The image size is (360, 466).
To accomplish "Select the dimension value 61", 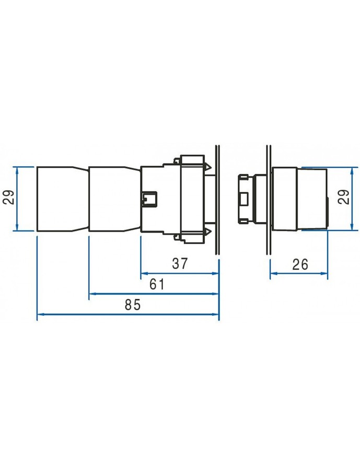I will tap(157, 285).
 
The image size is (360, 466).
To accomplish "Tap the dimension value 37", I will tap(180, 264).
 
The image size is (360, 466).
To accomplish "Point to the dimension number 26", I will tap(300, 264).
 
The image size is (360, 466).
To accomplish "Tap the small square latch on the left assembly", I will tap(149, 199).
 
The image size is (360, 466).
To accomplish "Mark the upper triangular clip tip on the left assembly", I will tap(208, 167).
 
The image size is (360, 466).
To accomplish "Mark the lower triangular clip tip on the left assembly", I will tap(208, 231).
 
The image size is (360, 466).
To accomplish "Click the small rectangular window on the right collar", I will tap(243, 199).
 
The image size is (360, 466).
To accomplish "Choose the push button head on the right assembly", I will tap(311, 199).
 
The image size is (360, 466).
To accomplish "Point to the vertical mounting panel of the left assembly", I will tap(217, 199).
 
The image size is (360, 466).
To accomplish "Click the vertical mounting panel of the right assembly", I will tap(269, 199).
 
